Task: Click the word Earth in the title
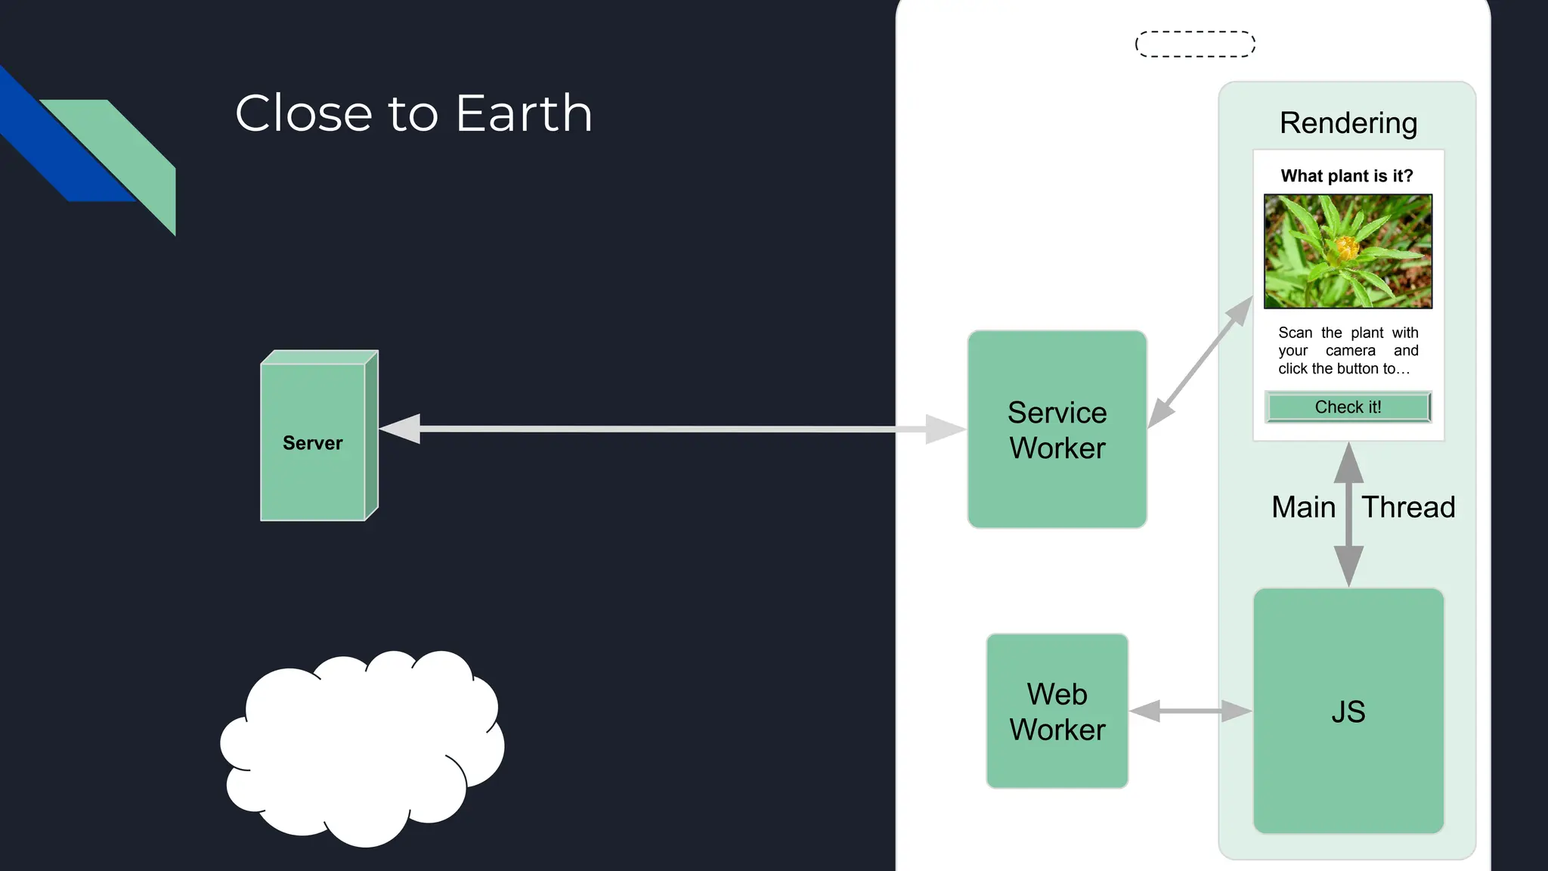(524, 113)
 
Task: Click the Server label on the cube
(312, 443)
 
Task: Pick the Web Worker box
(1057, 711)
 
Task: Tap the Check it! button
(1348, 407)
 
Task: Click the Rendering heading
(1348, 122)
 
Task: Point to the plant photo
(1348, 251)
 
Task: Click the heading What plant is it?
(1346, 176)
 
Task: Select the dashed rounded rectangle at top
(1195, 44)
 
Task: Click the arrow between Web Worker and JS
(1190, 711)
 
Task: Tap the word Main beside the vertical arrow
(1303, 507)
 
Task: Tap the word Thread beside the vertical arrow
(1408, 507)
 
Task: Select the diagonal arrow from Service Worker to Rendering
(1200, 363)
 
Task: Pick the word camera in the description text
(1350, 351)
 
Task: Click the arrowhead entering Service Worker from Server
(945, 429)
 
